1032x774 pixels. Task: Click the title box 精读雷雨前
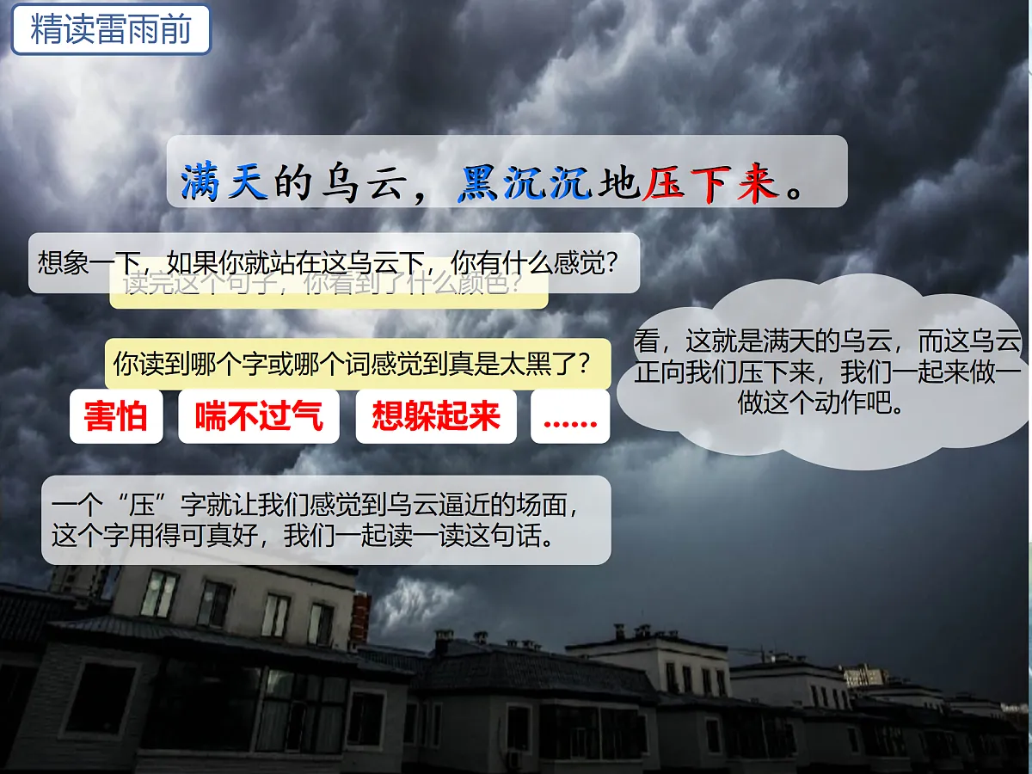tap(110, 30)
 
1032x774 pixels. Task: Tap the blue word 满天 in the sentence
tap(224, 182)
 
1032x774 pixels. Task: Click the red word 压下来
tap(709, 182)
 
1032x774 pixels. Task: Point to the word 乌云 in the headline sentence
tap(352, 182)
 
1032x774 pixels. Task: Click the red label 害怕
tap(116, 416)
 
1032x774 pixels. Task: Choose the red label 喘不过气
tap(259, 416)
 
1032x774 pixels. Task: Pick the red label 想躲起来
tap(436, 416)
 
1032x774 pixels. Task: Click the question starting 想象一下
tap(327, 261)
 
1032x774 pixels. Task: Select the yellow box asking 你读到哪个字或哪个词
tap(353, 363)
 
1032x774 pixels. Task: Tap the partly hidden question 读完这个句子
tap(327, 291)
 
